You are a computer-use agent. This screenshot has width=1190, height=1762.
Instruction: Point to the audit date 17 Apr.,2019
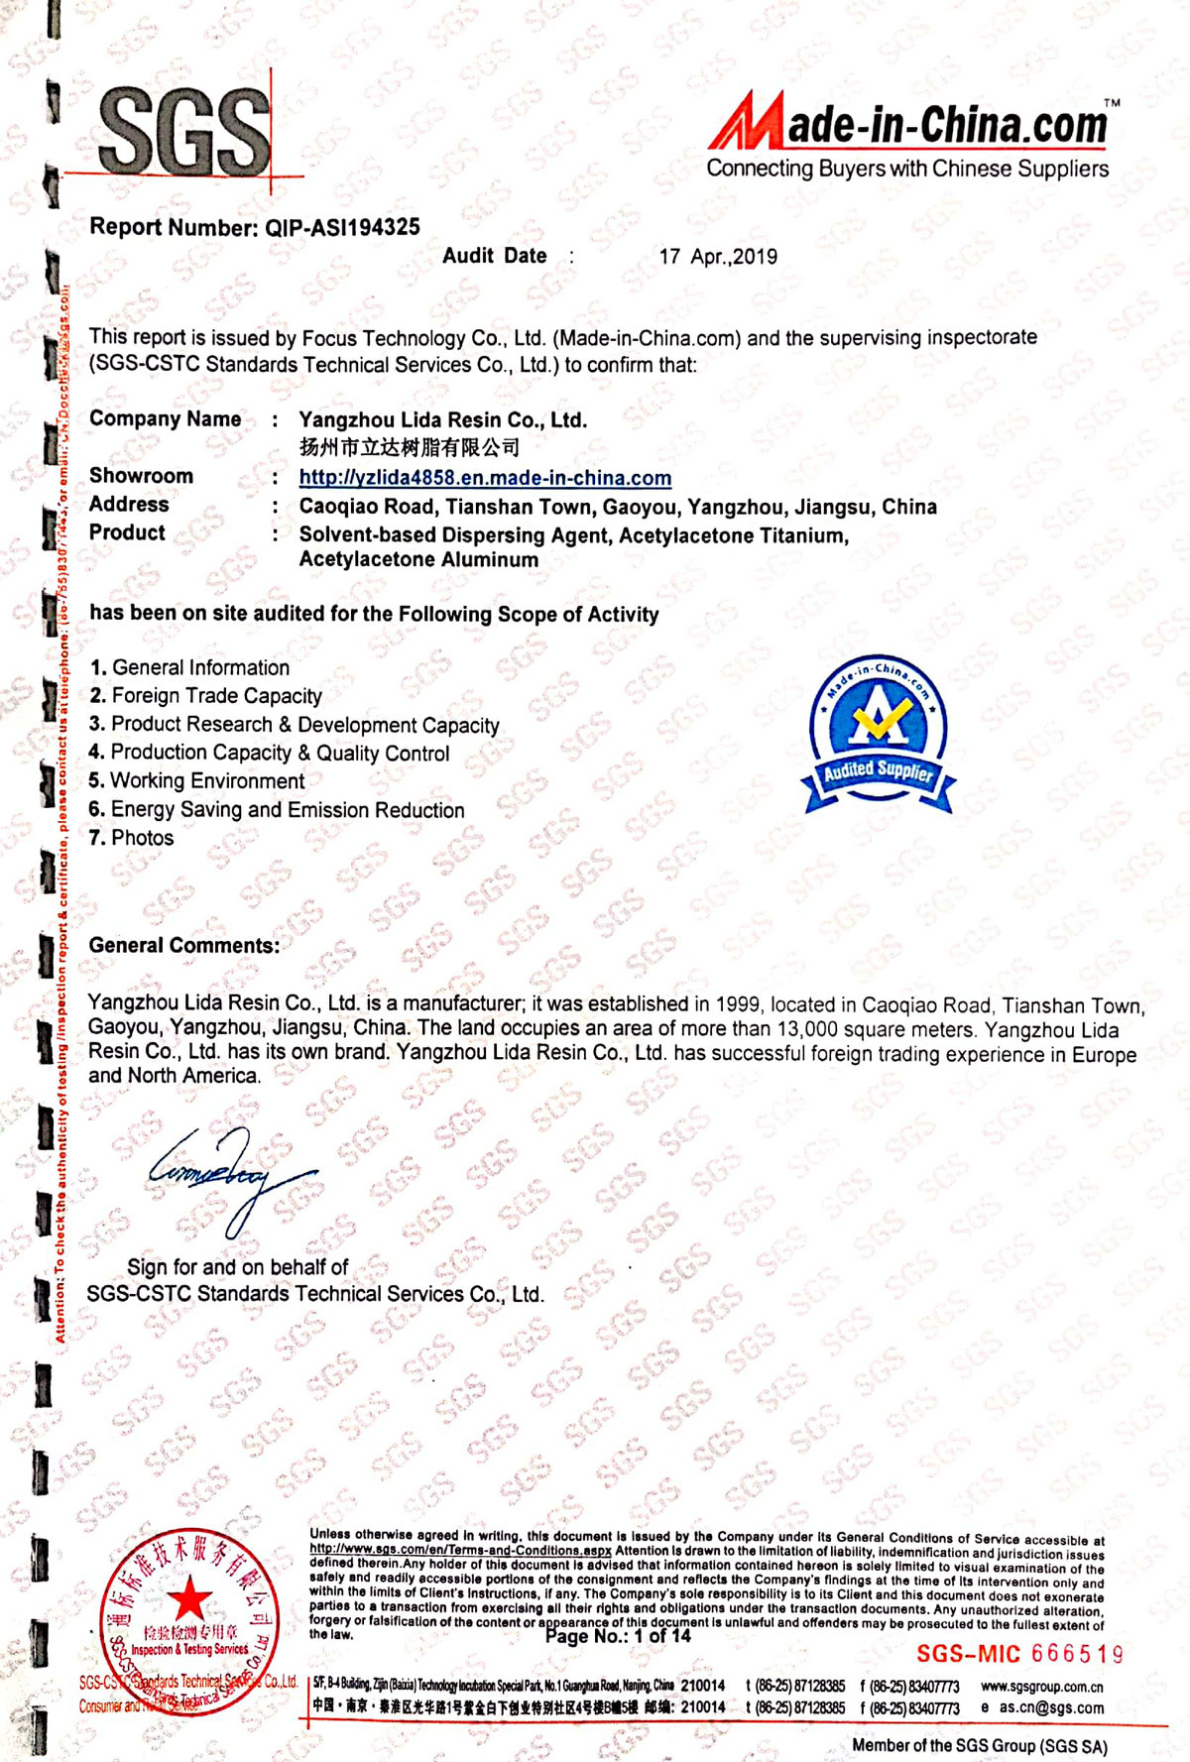[x=718, y=257]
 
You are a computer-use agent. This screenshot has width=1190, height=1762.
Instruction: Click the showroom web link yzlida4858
[x=485, y=478]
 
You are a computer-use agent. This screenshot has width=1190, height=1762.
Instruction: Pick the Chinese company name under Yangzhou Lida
[x=410, y=447]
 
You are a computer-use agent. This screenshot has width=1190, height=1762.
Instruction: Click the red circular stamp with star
[x=186, y=1622]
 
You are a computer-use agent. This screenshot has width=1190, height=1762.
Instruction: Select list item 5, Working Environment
[x=197, y=781]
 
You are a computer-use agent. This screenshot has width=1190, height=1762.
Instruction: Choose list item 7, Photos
[x=132, y=838]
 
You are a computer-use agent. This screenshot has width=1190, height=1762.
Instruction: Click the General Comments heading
[x=184, y=946]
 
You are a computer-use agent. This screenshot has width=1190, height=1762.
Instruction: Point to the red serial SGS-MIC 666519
[x=1019, y=1654]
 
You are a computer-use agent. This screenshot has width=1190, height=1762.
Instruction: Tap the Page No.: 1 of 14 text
[x=618, y=1636]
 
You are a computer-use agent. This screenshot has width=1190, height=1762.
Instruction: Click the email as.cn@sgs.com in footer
[x=1050, y=1707]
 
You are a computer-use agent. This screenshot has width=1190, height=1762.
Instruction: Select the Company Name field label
[x=165, y=419]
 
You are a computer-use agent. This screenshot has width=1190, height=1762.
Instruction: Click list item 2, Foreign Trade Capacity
[x=206, y=696]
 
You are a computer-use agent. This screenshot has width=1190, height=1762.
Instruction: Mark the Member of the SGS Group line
[x=980, y=1745]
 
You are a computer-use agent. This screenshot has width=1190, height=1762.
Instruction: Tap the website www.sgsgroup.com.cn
[x=1041, y=1686]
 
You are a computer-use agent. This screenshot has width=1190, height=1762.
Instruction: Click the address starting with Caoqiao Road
[x=618, y=508]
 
